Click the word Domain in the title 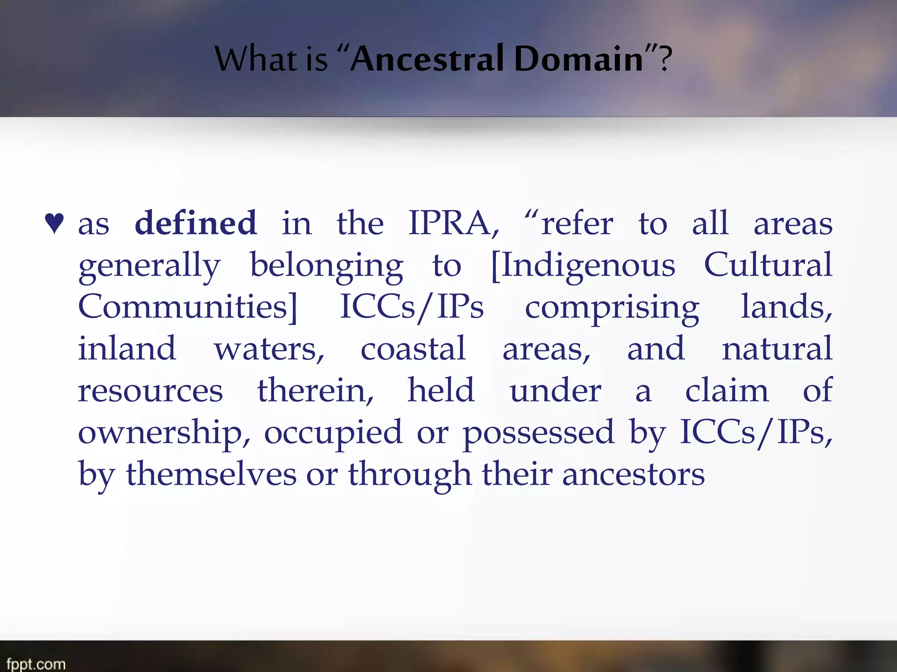(x=578, y=59)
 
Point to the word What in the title (x=254, y=59)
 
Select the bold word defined (x=195, y=223)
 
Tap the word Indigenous (x=587, y=266)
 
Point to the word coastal (x=413, y=349)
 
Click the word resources (x=150, y=391)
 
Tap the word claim (x=727, y=390)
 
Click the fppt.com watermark (x=36, y=664)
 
